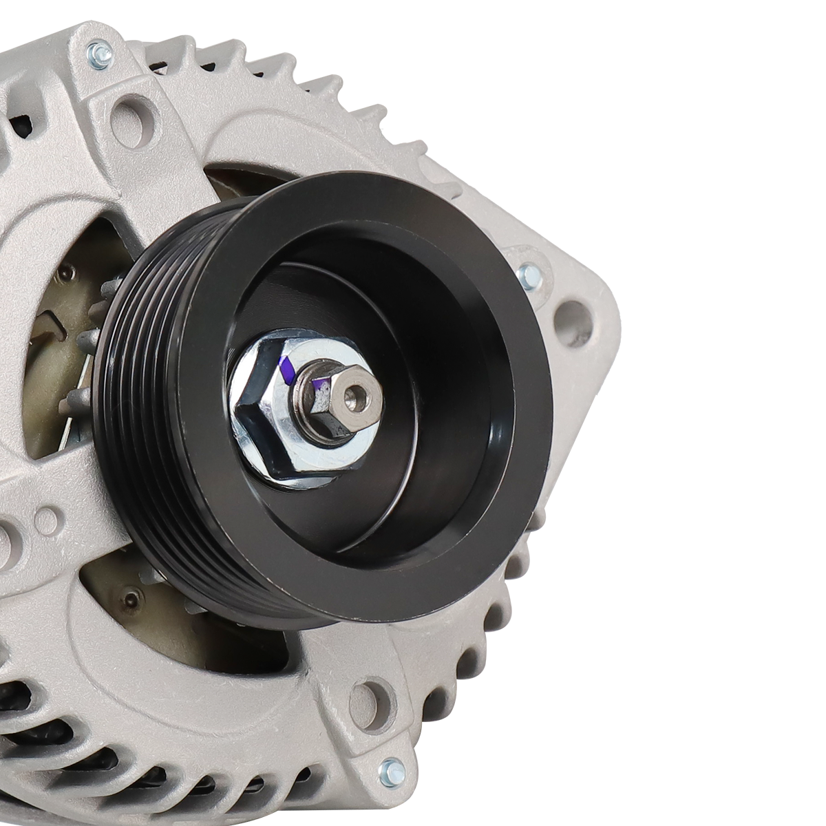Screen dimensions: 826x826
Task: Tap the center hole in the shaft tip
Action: coord(355,394)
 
